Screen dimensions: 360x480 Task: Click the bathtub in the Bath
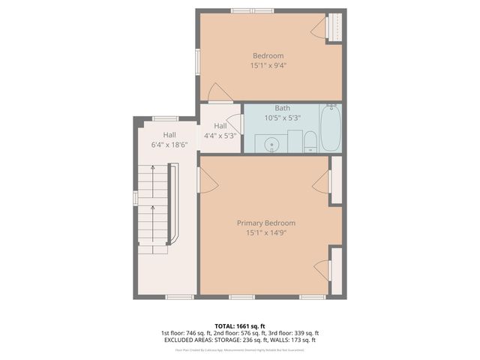click(330, 130)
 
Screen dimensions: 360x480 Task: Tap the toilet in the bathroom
click(309, 140)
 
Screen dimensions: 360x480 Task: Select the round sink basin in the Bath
click(271, 142)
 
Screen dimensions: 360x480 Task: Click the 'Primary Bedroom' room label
click(265, 223)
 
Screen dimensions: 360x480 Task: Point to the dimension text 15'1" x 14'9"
click(265, 232)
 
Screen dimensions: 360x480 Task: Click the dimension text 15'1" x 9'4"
click(268, 65)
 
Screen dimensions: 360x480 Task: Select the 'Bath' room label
click(283, 108)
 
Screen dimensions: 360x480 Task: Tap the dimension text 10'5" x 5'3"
click(283, 118)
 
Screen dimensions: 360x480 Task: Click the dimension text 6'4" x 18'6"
click(165, 144)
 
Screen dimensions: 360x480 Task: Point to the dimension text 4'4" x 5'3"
click(220, 136)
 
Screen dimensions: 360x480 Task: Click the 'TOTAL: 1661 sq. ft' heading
click(240, 325)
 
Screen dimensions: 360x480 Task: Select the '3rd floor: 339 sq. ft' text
click(294, 332)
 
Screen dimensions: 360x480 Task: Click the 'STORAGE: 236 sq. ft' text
click(238, 340)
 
